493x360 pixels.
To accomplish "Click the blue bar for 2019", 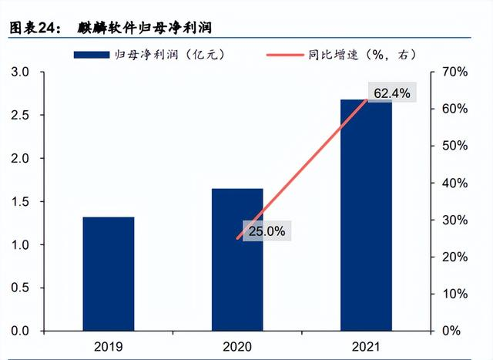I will [109, 274].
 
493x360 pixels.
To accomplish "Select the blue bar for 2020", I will [237, 259].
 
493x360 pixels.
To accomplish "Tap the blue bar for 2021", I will [365, 215].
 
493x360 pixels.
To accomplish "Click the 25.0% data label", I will [267, 230].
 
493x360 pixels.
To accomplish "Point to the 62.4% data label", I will [392, 93].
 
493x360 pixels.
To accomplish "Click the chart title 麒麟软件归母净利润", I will [144, 27].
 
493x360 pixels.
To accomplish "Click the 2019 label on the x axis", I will [109, 346].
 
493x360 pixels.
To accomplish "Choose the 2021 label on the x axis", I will [365, 346].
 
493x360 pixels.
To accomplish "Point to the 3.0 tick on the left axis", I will [19, 72].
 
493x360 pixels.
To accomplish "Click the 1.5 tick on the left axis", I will [19, 202].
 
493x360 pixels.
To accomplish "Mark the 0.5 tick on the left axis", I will [19, 288].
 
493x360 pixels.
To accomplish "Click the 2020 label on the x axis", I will [237, 346].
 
